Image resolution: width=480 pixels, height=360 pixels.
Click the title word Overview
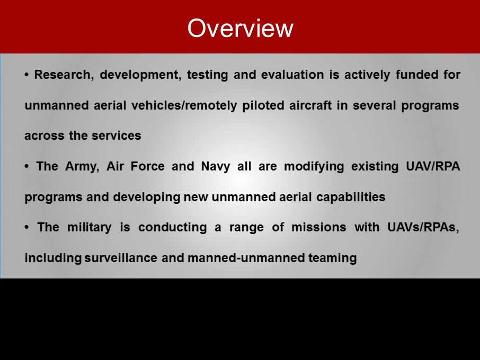(x=241, y=28)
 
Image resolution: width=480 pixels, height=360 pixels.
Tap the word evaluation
(x=292, y=75)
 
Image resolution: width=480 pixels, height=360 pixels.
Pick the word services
(x=117, y=136)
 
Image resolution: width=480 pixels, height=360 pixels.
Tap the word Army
(x=82, y=167)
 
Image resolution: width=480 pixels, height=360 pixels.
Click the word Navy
(x=216, y=167)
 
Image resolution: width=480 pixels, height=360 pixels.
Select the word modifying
(x=314, y=167)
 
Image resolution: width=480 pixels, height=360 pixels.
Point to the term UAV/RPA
(x=433, y=166)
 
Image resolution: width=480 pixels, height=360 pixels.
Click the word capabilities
(x=351, y=197)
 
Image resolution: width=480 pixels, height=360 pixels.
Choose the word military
(x=90, y=228)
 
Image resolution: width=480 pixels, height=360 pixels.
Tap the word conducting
(x=173, y=228)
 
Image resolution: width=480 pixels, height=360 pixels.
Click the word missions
(x=318, y=228)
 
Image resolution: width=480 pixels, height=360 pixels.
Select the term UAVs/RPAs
(x=423, y=228)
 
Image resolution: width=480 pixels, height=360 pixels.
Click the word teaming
(x=332, y=258)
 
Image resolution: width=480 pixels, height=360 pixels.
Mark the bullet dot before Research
(x=26, y=75)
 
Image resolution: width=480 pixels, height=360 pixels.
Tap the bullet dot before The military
(x=26, y=227)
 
